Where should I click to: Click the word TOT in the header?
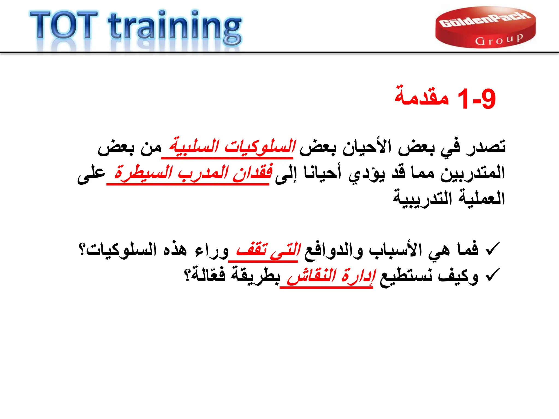point(64,25)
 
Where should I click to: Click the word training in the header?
point(175,27)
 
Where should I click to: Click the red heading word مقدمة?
point(422,96)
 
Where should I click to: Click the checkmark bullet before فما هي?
point(493,249)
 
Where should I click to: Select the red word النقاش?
point(311,276)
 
